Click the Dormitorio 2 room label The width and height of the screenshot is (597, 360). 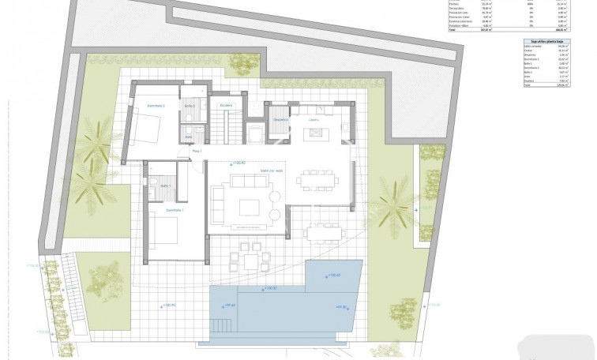pyautogui.click(x=156, y=105)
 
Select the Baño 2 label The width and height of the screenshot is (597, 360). pyautogui.click(x=190, y=105)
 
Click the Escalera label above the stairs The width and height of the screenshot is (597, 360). pyautogui.click(x=226, y=105)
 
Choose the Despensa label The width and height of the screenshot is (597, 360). pyautogui.click(x=280, y=120)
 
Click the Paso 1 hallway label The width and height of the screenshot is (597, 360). pyautogui.click(x=197, y=151)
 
